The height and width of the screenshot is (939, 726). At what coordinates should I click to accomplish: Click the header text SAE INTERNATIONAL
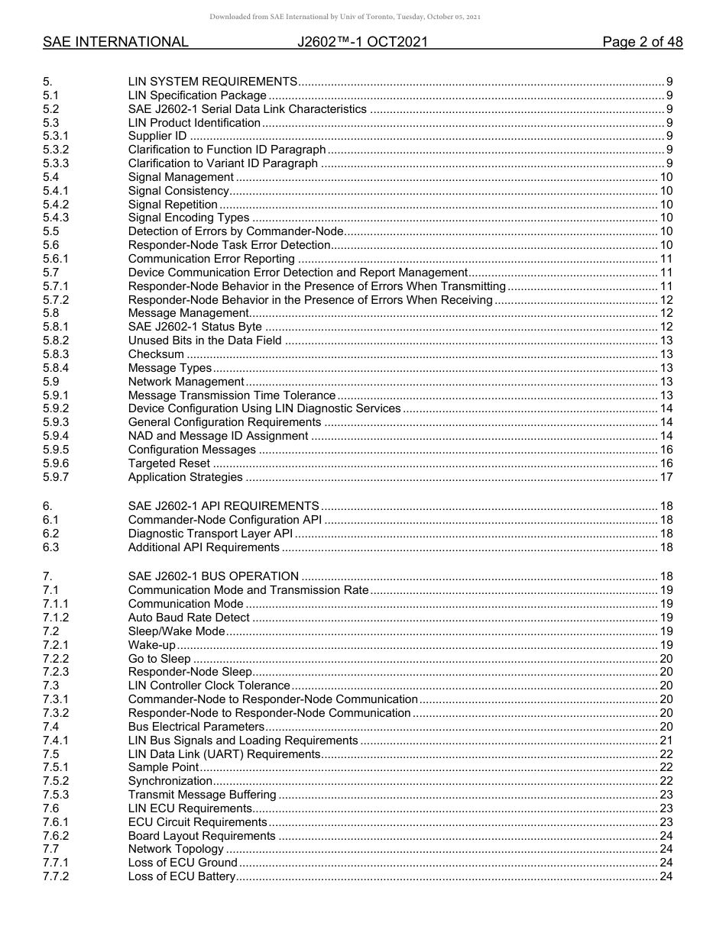click(115, 42)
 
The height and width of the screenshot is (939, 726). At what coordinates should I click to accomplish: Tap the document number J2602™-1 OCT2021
click(362, 42)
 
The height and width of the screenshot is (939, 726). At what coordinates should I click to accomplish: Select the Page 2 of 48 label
click(642, 42)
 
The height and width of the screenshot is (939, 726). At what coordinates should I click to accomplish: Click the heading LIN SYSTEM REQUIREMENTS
click(212, 82)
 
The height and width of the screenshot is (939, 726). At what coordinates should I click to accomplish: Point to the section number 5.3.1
click(56, 137)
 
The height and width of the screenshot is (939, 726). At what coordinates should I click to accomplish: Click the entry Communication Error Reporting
click(212, 260)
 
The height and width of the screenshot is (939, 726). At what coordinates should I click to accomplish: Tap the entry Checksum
click(156, 354)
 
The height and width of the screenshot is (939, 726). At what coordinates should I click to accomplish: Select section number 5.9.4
click(56, 437)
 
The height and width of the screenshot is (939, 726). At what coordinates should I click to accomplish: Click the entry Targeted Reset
click(169, 464)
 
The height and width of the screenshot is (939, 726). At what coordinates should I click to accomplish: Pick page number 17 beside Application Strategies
click(666, 478)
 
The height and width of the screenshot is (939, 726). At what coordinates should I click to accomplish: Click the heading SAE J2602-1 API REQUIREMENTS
click(223, 506)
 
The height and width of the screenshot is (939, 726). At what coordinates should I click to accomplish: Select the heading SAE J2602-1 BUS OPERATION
click(213, 576)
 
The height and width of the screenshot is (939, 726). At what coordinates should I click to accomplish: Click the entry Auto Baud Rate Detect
click(189, 618)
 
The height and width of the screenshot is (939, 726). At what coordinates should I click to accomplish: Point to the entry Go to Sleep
click(159, 659)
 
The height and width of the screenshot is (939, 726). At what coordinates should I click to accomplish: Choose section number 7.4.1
click(56, 741)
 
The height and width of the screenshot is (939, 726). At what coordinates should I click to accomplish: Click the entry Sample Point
click(163, 768)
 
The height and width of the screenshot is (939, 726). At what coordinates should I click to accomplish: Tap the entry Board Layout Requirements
click(202, 836)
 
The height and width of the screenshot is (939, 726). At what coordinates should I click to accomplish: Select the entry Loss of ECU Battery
click(181, 876)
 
